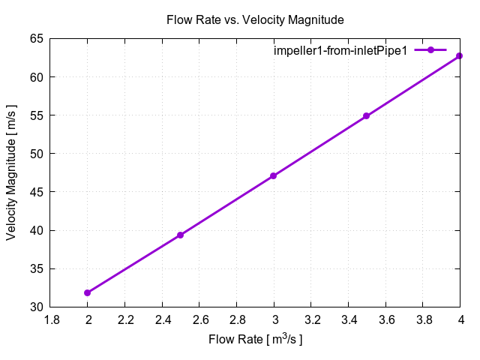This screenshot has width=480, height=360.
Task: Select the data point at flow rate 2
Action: click(x=88, y=292)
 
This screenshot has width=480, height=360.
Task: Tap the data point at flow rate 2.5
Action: click(x=181, y=235)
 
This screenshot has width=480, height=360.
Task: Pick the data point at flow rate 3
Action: click(x=274, y=176)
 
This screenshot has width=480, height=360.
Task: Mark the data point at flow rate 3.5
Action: click(x=367, y=116)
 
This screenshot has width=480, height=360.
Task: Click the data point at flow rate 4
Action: click(x=460, y=56)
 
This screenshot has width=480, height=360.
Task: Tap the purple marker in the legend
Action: click(x=431, y=50)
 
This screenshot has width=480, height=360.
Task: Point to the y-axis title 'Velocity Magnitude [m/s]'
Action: click(x=11, y=172)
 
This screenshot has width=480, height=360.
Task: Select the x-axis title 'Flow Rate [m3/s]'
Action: click(x=256, y=340)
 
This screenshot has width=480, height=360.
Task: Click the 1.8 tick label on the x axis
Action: click(x=51, y=319)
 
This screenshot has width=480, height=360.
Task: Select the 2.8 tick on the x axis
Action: click(x=237, y=319)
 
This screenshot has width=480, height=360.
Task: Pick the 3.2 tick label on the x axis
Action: click(x=311, y=319)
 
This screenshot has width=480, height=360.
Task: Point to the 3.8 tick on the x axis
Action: click(x=423, y=319)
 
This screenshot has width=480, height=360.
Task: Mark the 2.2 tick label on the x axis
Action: click(x=125, y=319)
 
